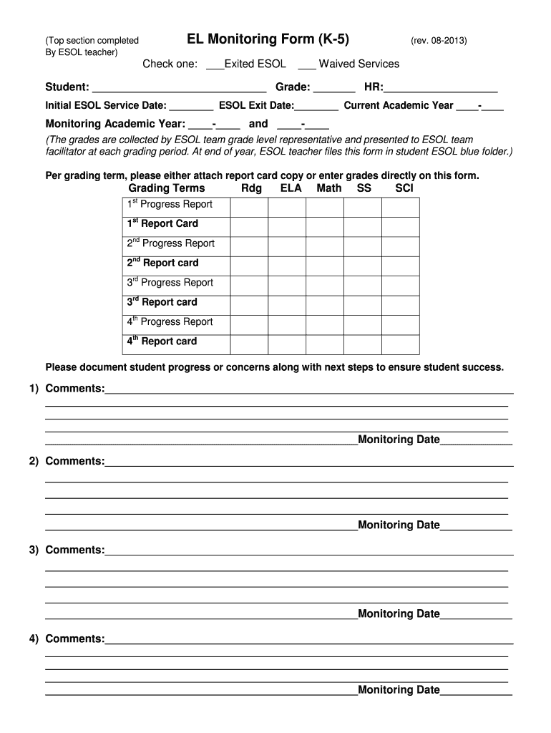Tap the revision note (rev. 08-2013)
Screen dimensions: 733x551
[x=439, y=41]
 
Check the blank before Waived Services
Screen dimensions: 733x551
[x=307, y=65]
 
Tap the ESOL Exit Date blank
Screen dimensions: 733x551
[x=316, y=107]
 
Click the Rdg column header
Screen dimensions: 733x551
[x=251, y=188]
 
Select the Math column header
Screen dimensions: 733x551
[x=329, y=188]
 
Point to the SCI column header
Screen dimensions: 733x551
[x=404, y=188]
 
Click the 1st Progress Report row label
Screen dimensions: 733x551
[x=170, y=205]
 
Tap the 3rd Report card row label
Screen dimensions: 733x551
[x=162, y=303]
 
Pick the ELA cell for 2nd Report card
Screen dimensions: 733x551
[x=286, y=263]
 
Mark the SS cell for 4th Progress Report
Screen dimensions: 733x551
[x=362, y=322]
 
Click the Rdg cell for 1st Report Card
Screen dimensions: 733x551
[x=249, y=224]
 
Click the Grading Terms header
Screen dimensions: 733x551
[x=167, y=188]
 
